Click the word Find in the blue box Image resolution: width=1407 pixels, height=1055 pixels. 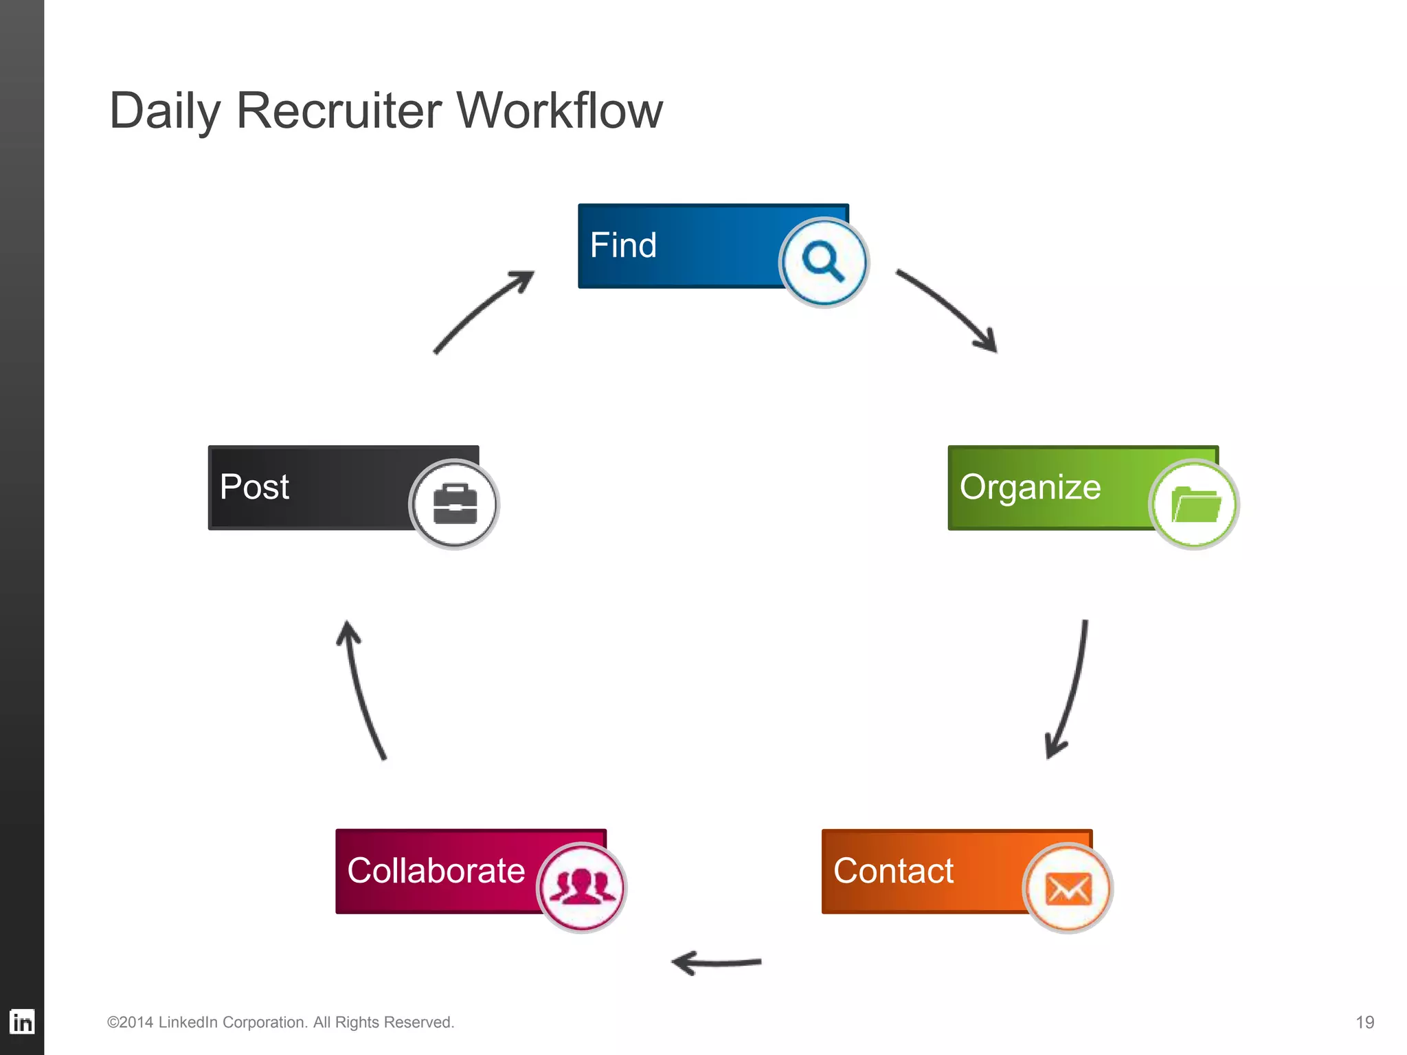(623, 245)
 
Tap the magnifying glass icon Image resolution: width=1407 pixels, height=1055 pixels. (823, 262)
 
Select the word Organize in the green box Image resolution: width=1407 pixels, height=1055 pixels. (1030, 487)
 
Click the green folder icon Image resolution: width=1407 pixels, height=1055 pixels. (1194, 504)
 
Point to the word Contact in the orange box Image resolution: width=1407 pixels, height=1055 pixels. (893, 871)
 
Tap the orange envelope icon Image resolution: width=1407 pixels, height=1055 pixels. (1068, 889)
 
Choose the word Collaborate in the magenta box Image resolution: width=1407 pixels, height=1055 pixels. (436, 871)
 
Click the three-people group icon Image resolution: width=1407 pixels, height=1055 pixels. (582, 887)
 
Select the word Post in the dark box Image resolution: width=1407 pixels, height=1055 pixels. (254, 487)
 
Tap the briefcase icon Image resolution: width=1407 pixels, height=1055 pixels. (454, 504)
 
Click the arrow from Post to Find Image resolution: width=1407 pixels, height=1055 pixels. (481, 309)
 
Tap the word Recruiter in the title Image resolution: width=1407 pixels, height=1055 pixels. (339, 111)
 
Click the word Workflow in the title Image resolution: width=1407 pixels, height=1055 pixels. (560, 111)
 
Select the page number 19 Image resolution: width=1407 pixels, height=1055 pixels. (1364, 1023)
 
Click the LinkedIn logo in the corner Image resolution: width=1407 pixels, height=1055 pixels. (22, 1022)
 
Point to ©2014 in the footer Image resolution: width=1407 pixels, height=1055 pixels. (130, 1023)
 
